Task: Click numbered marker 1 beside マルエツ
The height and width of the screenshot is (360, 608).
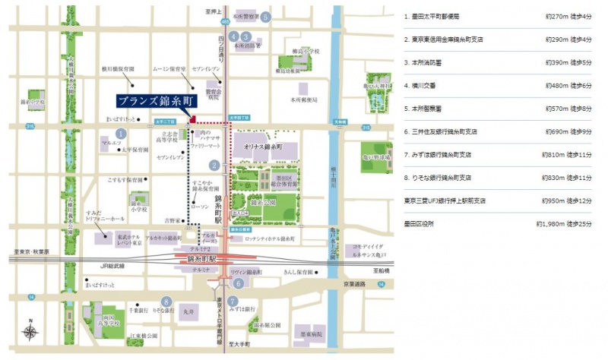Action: tap(119, 134)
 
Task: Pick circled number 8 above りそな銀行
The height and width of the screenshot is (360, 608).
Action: tap(165, 301)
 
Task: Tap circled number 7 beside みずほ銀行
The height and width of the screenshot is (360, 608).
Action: tap(233, 301)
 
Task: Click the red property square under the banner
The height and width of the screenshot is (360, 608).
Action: tap(193, 119)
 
